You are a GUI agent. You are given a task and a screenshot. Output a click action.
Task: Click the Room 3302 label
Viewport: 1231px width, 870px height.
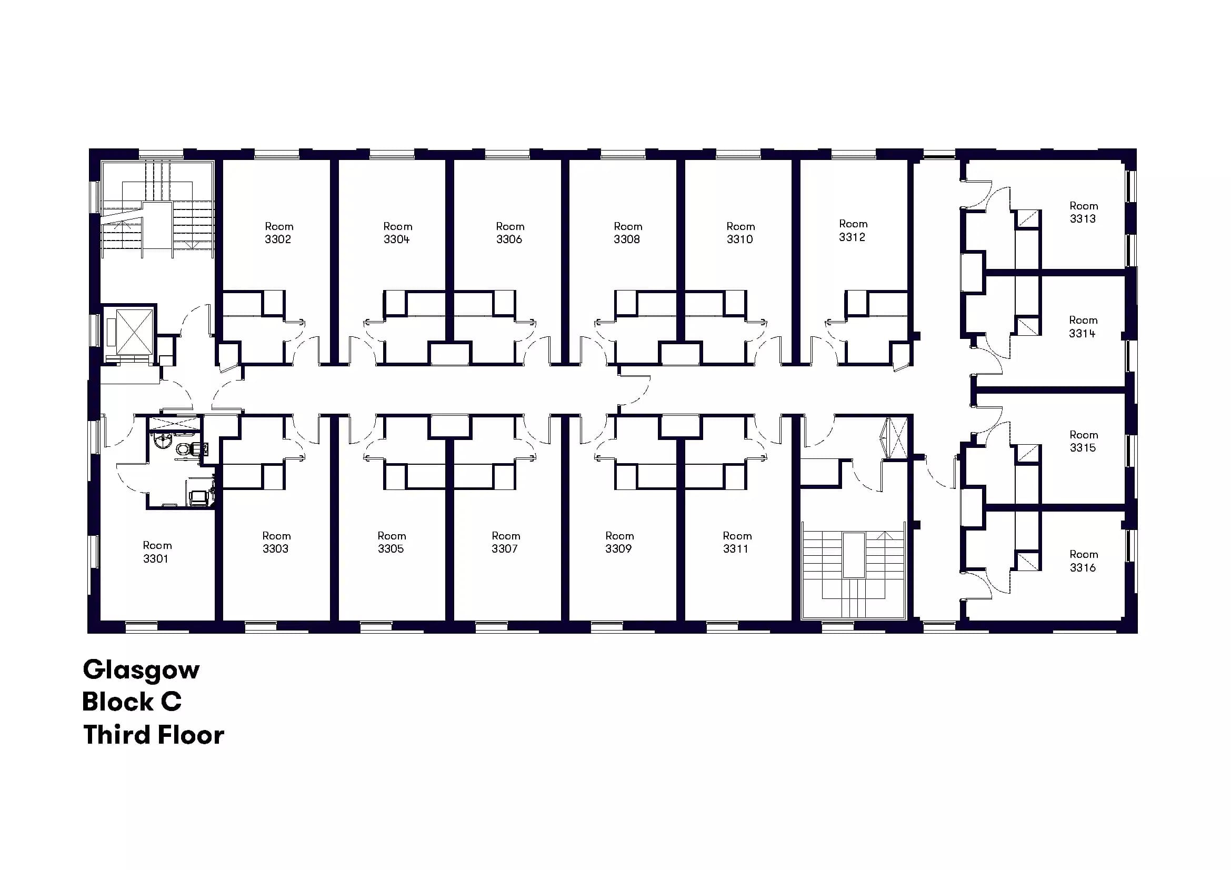tap(278, 233)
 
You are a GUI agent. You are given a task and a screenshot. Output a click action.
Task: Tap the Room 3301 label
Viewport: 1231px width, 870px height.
tap(156, 552)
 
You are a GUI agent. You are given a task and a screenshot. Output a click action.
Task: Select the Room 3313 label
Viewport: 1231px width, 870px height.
tap(1083, 212)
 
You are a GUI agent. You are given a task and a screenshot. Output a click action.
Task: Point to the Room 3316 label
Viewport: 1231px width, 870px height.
tap(1083, 561)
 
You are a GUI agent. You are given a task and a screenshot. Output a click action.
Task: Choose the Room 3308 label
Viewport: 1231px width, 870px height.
tap(627, 233)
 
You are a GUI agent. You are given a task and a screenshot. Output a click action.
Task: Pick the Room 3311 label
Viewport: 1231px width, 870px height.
tap(737, 542)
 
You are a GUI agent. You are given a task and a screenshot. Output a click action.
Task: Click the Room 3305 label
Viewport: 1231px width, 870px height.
tap(392, 542)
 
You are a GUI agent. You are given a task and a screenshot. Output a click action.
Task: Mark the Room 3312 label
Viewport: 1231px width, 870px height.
tap(853, 230)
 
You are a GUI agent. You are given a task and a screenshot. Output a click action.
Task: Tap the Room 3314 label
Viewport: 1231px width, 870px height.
tap(1083, 326)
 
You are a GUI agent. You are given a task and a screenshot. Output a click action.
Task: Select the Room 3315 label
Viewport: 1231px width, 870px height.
tap(1083, 441)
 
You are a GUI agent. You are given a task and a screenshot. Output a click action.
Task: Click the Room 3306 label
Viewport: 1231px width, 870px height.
tap(509, 233)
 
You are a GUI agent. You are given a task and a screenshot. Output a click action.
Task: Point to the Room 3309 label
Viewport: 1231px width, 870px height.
tap(619, 542)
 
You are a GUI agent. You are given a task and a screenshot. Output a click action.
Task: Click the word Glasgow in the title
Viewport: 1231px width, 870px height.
tap(141, 670)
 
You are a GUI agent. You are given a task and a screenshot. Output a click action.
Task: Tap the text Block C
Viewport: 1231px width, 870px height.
tap(132, 702)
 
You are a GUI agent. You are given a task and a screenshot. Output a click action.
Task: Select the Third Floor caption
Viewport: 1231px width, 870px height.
tap(153, 735)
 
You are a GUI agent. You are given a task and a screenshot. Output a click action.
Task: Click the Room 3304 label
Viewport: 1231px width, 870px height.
tap(397, 233)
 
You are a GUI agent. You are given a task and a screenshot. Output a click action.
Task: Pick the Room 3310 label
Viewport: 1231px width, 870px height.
tap(740, 233)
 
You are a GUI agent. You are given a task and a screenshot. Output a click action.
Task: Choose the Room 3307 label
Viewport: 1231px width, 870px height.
tap(506, 542)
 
